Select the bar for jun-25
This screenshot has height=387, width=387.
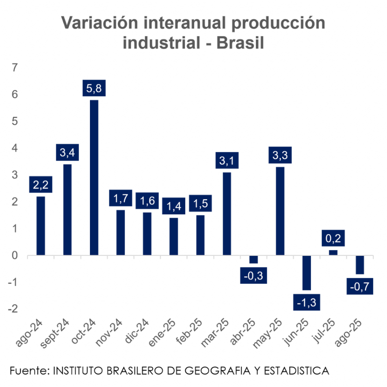click(306, 273)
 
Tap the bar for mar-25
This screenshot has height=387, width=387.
click(227, 214)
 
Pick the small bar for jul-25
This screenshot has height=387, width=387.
click(333, 253)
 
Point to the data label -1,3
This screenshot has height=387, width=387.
click(307, 302)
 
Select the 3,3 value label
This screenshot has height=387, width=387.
click(280, 155)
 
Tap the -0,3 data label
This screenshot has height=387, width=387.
click(254, 276)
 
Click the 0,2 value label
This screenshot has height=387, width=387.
click(333, 238)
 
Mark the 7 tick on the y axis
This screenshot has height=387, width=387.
click(15, 68)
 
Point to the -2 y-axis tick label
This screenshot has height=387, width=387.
click(13, 309)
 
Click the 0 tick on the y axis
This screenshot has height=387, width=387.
click(15, 256)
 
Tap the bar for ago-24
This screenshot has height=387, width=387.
click(41, 226)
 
